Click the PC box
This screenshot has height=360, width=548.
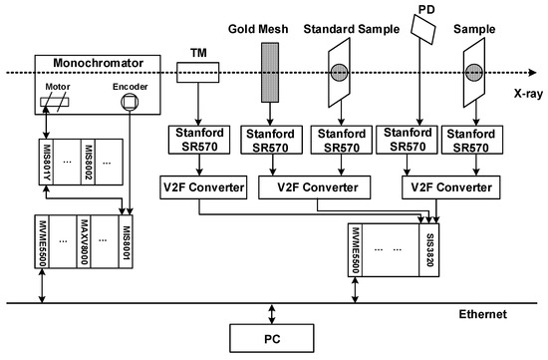(272, 338)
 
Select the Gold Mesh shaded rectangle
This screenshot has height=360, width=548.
(270, 73)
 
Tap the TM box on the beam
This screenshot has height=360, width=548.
(198, 73)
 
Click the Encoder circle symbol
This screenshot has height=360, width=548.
(130, 102)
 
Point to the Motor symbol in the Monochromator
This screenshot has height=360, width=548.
(55, 102)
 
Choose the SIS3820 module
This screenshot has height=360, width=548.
(429, 249)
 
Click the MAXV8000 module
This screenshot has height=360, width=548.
(84, 241)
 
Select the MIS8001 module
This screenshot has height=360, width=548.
(126, 241)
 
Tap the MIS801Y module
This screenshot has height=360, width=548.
(46, 162)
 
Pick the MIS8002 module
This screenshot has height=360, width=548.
(88, 162)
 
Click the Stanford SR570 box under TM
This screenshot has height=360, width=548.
(199, 140)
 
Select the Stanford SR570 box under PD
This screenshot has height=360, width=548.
(407, 140)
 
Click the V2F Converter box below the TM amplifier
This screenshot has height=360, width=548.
(203, 187)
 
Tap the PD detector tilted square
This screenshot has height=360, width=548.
(423, 29)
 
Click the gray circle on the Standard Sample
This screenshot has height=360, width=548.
(340, 73)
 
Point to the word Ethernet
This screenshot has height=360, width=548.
(482, 314)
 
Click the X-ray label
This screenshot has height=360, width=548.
(528, 94)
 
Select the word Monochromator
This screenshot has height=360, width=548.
(99, 63)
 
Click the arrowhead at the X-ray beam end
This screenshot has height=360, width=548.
(533, 73)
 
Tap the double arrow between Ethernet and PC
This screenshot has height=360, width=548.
(272, 314)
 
